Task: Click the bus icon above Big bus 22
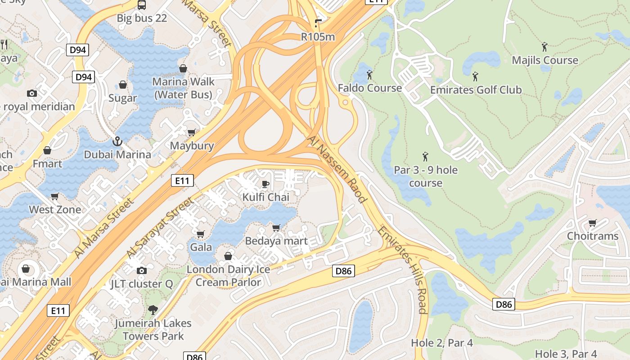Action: (141, 5)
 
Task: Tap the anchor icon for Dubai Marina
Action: (117, 141)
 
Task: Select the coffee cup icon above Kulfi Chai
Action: (265, 184)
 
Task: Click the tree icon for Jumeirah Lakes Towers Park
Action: (153, 310)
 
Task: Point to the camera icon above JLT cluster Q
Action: (142, 270)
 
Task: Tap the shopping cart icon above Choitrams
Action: (592, 223)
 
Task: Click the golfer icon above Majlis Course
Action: (544, 46)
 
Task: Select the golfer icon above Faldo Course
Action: (369, 74)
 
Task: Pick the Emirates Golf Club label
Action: (476, 90)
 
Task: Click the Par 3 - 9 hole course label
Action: (425, 176)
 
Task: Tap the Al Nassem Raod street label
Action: (337, 169)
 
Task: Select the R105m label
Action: (318, 37)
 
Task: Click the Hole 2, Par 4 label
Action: (441, 343)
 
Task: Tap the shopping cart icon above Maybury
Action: (192, 132)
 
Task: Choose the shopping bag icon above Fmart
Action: (47, 150)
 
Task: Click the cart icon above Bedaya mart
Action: (276, 228)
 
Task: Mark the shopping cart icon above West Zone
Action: (55, 196)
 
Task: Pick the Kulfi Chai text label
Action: (265, 197)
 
